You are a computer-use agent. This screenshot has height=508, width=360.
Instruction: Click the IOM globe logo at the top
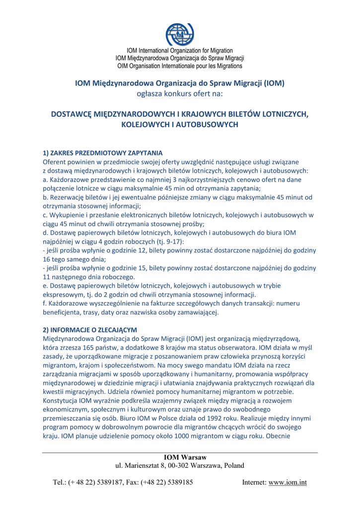(180, 34)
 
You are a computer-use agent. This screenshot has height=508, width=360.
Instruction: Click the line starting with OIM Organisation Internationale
(180, 66)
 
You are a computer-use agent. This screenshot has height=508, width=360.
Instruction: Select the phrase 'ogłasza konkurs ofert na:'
(180, 93)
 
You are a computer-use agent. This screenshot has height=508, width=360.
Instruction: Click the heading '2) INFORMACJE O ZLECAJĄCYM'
(90, 330)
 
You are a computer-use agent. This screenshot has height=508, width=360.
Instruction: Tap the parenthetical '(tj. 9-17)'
(168, 242)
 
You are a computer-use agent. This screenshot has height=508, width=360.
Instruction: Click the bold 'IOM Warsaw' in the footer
(185, 457)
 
